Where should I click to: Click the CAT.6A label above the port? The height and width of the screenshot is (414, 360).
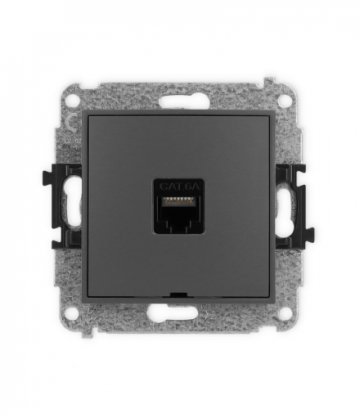click(x=180, y=187)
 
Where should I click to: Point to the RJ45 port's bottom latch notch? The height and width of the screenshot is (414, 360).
click(x=178, y=225)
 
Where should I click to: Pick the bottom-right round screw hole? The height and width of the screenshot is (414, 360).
click(x=285, y=311)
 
